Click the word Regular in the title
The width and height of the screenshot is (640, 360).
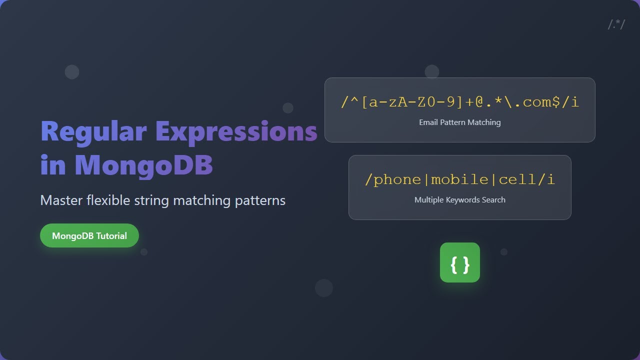pyautogui.click(x=93, y=132)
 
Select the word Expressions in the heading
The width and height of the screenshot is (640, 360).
pyautogui.click(x=236, y=132)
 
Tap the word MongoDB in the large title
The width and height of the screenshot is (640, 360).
pyautogui.click(x=144, y=165)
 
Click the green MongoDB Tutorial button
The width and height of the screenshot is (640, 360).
pyautogui.click(x=89, y=235)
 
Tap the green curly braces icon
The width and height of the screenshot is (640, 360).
pyautogui.click(x=460, y=262)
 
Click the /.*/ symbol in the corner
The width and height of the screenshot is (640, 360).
pyautogui.click(x=616, y=24)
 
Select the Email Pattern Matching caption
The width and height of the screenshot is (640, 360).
pyautogui.click(x=460, y=122)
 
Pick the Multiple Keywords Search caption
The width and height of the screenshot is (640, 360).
pyautogui.click(x=460, y=200)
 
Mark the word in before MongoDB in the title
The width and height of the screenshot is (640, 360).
pyautogui.click(x=53, y=165)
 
